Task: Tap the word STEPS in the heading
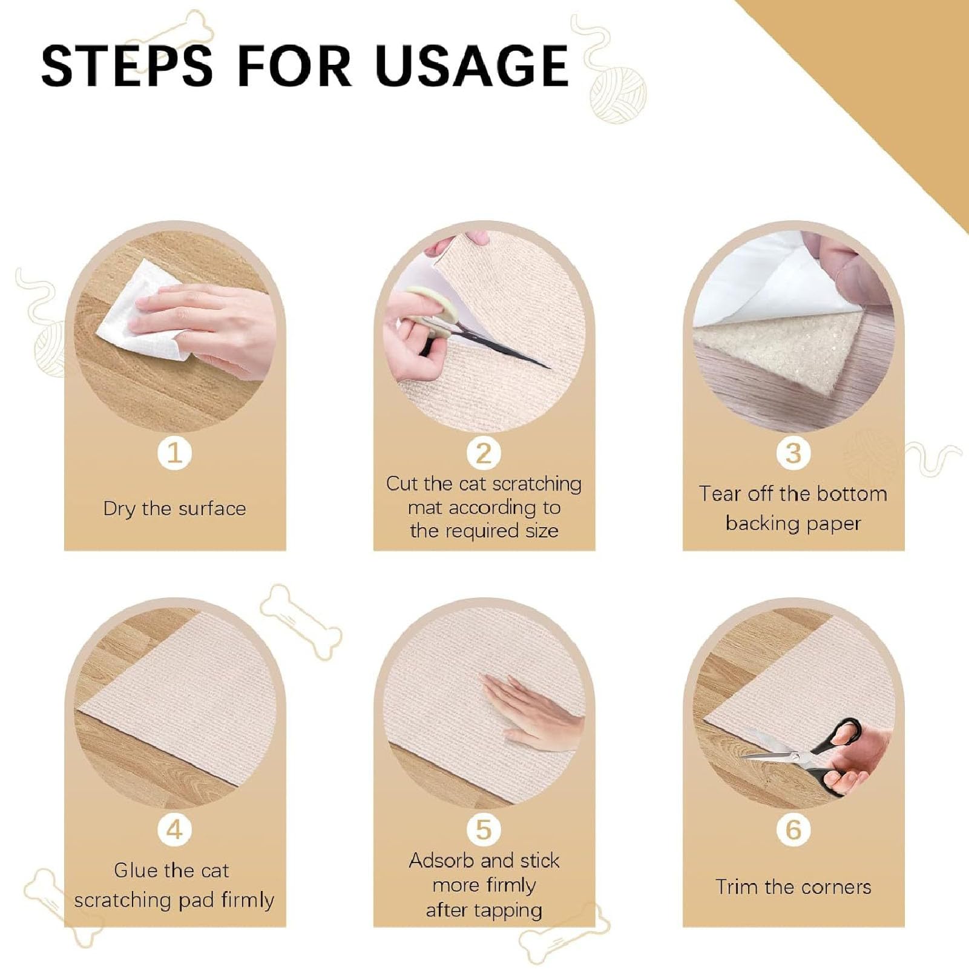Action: [127, 65]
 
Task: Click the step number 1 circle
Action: [175, 452]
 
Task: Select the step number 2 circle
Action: [484, 453]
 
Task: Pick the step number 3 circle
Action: [793, 453]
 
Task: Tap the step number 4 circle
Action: [175, 829]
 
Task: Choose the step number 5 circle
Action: [484, 829]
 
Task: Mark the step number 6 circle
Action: [793, 829]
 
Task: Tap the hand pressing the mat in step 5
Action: [533, 711]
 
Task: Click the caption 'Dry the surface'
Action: [174, 508]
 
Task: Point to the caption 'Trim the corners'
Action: [793, 887]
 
